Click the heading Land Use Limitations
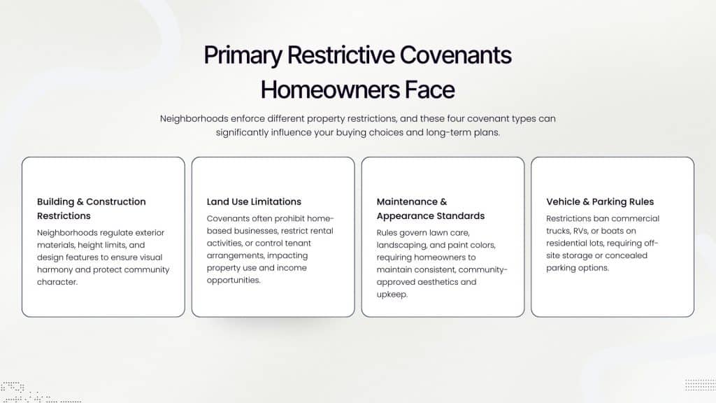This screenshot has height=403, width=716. coord(254,201)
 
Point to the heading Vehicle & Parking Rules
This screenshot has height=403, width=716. coord(600,201)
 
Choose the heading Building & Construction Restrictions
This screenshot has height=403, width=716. coord(92,208)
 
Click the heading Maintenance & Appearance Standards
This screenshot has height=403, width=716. coord(430,208)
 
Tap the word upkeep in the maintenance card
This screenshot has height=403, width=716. coord(392,294)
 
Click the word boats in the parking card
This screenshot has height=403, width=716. coord(624,231)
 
